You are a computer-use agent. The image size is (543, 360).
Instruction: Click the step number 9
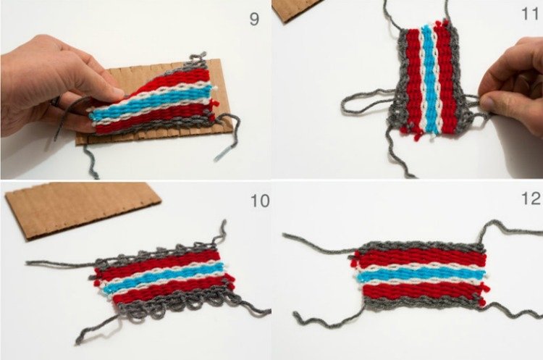pyautogui.click(x=254, y=19)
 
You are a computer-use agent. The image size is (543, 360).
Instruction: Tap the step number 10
pyautogui.click(x=260, y=201)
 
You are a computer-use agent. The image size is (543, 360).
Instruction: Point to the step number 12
pyautogui.click(x=531, y=199)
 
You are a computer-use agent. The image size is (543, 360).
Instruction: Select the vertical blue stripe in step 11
pyautogui.click(x=429, y=80)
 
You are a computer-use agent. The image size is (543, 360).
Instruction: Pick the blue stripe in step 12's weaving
pyautogui.click(x=421, y=275)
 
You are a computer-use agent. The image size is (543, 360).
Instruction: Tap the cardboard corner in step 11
pyautogui.click(x=296, y=9)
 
